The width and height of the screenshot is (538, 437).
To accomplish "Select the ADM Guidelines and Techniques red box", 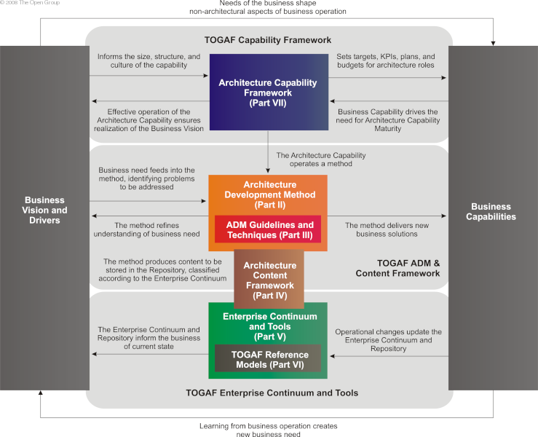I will (268, 229).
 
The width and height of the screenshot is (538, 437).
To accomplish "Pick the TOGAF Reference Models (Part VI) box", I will (268, 359).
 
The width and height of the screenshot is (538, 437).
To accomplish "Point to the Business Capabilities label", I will (493, 211).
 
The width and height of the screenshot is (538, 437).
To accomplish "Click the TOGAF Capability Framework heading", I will (268, 40).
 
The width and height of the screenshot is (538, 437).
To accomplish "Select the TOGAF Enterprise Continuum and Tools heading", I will (268, 393).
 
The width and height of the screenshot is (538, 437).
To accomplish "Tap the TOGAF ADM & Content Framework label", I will (397, 267).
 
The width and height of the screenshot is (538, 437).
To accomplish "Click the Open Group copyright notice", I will (31, 4).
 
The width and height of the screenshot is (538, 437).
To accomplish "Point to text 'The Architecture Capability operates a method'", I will (321, 160).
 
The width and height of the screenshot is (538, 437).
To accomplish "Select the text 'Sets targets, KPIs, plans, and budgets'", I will (385, 60).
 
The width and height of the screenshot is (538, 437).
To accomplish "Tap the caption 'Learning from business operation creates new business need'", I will (268, 430).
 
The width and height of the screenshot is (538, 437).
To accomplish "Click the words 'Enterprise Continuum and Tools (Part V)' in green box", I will (268, 321).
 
